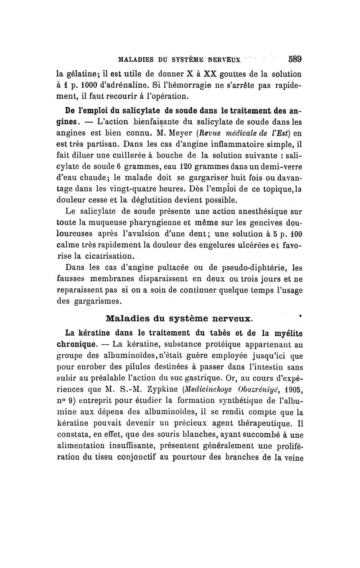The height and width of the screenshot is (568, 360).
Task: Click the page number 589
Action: click(292, 59)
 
